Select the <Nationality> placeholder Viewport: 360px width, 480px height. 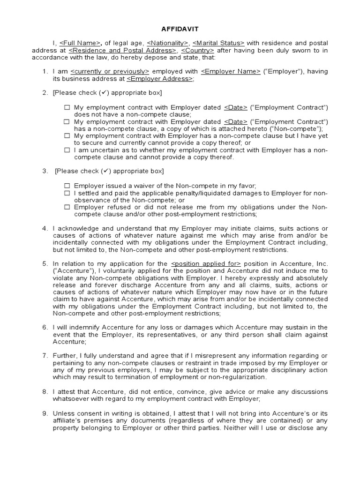pyautogui.click(x=168, y=43)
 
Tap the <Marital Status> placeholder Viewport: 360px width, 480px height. pyautogui.click(x=218, y=43)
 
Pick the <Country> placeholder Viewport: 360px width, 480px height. pyautogui.click(x=197, y=50)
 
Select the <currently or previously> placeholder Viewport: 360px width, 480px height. pyautogui.click(x=110, y=71)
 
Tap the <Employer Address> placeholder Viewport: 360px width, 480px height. pyautogui.click(x=159, y=79)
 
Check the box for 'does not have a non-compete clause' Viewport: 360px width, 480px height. pyautogui.click(x=67, y=108)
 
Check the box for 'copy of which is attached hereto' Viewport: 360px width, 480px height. pyautogui.click(x=67, y=122)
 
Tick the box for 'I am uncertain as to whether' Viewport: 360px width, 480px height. pyautogui.click(x=67, y=150)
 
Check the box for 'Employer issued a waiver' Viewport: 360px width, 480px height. pyautogui.click(x=67, y=186)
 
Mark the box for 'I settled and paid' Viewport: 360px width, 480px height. pyautogui.click(x=67, y=193)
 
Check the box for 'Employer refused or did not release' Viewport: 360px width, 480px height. pyautogui.click(x=67, y=207)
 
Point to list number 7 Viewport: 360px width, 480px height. pyautogui.click(x=45, y=356)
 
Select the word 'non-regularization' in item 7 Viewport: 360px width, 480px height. pyautogui.click(x=237, y=377)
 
